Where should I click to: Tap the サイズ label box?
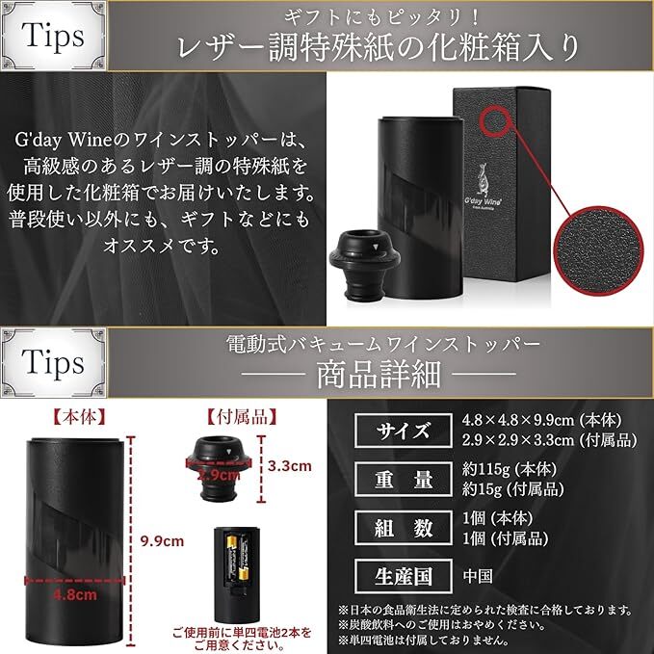pos(400,431)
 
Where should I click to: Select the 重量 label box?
pos(400,479)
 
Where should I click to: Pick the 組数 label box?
pos(400,527)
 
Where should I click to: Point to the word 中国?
pos(478,576)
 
